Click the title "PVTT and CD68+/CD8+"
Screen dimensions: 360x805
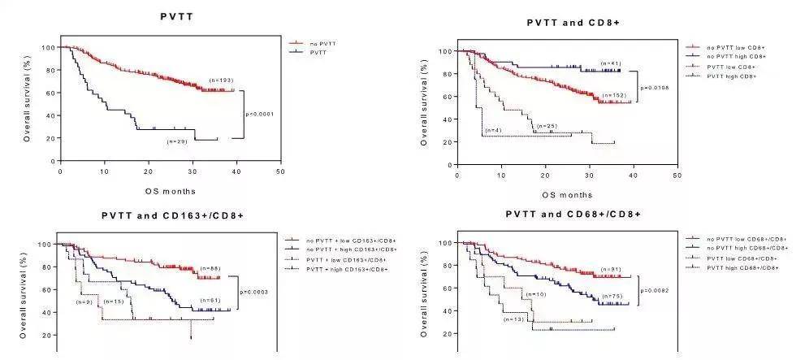pyautogui.click(x=573, y=215)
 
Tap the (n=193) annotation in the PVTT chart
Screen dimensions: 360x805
pyautogui.click(x=221, y=80)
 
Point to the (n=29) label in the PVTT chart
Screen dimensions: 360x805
pyautogui.click(x=177, y=141)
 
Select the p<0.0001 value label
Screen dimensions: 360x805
pyautogui.click(x=258, y=114)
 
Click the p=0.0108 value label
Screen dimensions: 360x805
pyautogui.click(x=653, y=88)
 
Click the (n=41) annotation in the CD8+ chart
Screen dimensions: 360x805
pyautogui.click(x=610, y=63)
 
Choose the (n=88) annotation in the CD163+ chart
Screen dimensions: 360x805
pyautogui.click(x=207, y=269)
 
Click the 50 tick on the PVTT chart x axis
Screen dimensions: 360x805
pyautogui.click(x=280, y=172)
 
